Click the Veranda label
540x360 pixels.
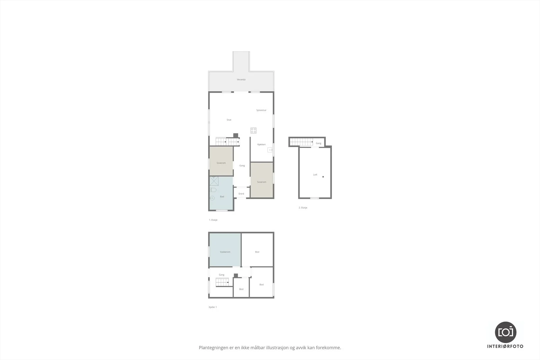[x=241, y=80]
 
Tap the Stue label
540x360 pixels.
[x=229, y=120]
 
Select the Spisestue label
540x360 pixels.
[x=261, y=110]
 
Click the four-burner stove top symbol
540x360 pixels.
[x=253, y=131]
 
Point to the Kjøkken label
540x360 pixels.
[x=262, y=145]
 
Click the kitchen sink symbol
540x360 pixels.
[x=270, y=150]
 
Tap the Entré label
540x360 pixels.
[x=241, y=194]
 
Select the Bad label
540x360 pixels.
[x=222, y=197]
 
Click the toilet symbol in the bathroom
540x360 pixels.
[x=213, y=190]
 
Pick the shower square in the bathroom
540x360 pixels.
[x=214, y=181]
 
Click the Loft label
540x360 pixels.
[x=315, y=175]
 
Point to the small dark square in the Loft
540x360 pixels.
[x=323, y=177]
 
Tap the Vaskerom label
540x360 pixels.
[x=225, y=252]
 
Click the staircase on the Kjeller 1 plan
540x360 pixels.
[x=222, y=282]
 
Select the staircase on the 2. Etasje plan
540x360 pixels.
[x=301, y=142]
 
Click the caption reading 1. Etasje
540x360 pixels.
[x=213, y=220]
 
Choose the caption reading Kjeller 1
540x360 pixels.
[x=213, y=307]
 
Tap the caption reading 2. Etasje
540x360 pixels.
[x=303, y=208]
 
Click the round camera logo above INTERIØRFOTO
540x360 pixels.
[x=506, y=332]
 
